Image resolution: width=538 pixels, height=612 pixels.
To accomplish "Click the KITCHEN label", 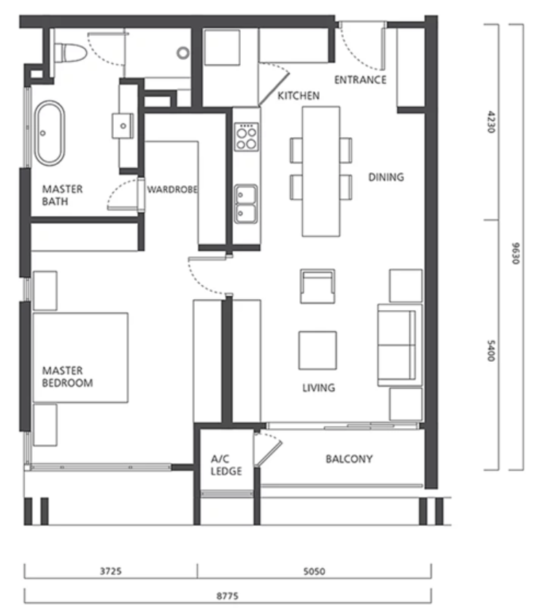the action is [x=299, y=96].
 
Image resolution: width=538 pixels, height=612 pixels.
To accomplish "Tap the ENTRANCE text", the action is [x=360, y=80].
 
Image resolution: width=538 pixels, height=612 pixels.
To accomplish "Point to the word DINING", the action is [x=386, y=177].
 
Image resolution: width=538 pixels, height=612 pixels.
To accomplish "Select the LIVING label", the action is [x=318, y=387].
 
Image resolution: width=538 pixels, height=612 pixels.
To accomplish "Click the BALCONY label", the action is [x=349, y=459].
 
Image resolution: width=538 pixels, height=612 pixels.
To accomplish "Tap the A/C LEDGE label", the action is [x=226, y=465].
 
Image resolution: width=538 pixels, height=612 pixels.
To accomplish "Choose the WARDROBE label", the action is [x=172, y=190].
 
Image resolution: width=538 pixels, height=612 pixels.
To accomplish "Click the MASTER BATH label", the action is [x=63, y=195].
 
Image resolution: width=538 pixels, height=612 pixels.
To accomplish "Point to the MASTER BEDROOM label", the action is [x=68, y=376].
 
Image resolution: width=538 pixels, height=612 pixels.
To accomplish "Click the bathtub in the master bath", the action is [x=50, y=133].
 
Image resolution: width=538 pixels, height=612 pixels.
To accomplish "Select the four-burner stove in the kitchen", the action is [x=246, y=136].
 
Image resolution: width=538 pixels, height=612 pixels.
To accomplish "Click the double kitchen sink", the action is [x=246, y=204].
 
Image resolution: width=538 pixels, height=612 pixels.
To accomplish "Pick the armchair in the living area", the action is [x=318, y=286].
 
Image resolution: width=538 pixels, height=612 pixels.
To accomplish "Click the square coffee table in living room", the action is [x=318, y=350].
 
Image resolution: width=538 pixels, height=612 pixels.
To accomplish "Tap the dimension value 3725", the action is [x=110, y=571].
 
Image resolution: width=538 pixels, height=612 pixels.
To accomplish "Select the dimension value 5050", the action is [x=314, y=571].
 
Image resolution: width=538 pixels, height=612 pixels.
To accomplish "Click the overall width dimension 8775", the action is [x=227, y=596].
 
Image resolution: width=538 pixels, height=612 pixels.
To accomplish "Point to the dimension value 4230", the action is [x=491, y=122].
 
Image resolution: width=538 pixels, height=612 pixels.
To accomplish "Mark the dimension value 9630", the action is [x=515, y=253].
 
